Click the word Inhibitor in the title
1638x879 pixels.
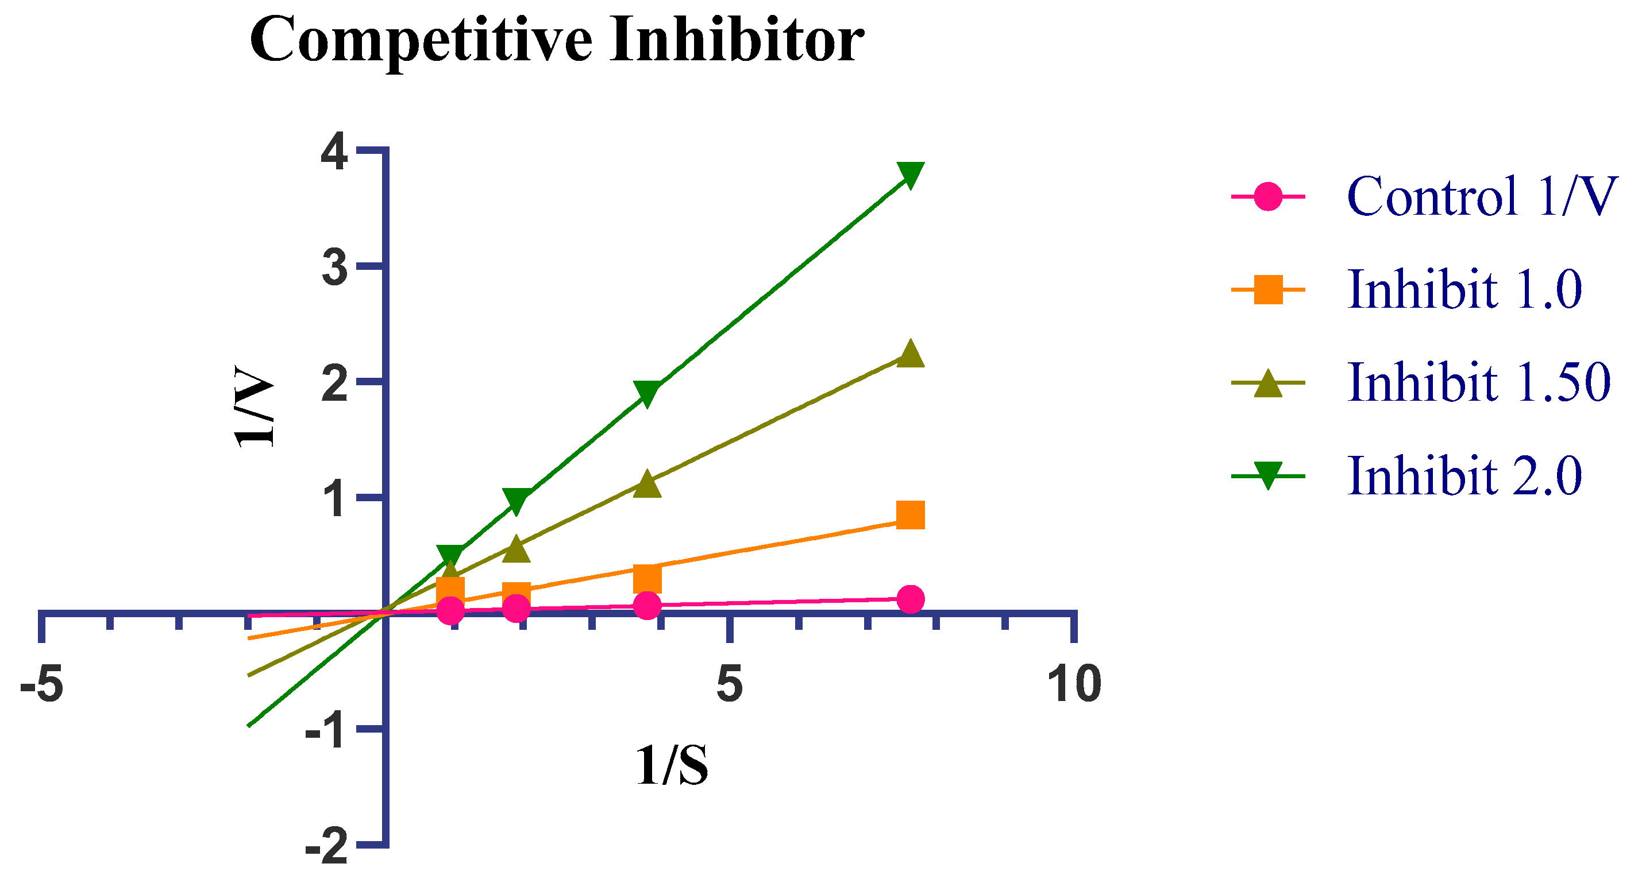click(x=737, y=40)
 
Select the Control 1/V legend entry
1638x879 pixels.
click(x=1482, y=196)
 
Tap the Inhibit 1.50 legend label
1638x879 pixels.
click(x=1479, y=382)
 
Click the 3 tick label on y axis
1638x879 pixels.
click(x=335, y=268)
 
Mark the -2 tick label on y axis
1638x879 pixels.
click(x=327, y=847)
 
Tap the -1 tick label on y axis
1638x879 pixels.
click(x=327, y=731)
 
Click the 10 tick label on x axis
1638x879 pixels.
click(x=1074, y=684)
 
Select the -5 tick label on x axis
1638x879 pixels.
click(x=42, y=684)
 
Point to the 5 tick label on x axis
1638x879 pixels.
click(x=729, y=684)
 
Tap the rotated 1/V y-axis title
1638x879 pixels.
click(x=254, y=406)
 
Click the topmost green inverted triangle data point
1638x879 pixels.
click(x=910, y=174)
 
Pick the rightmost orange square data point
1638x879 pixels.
click(x=910, y=515)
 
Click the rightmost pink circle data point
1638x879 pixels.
click(x=910, y=599)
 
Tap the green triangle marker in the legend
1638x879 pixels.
click(x=1268, y=475)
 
